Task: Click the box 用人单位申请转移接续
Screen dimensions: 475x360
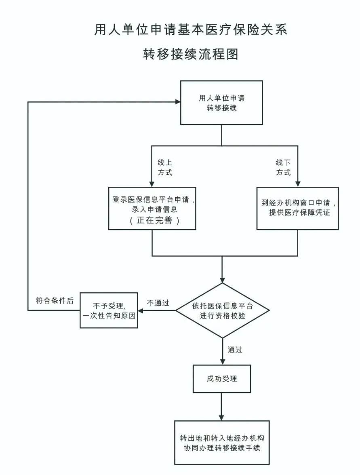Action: (x=221, y=103)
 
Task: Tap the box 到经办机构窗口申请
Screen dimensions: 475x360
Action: (x=297, y=208)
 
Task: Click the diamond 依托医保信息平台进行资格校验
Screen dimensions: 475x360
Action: (x=222, y=310)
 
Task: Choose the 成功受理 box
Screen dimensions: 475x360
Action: (x=222, y=379)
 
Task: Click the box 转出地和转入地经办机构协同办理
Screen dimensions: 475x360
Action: (x=222, y=442)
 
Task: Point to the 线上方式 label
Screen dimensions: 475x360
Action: (x=165, y=167)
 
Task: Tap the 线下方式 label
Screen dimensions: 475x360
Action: (x=283, y=167)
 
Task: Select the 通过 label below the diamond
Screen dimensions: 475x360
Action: (x=235, y=350)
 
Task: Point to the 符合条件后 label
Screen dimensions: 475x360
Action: (x=55, y=301)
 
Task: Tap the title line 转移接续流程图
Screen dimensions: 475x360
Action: (x=191, y=54)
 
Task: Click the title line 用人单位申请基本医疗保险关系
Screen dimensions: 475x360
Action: (x=191, y=30)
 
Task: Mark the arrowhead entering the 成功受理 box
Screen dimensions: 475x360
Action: (x=222, y=361)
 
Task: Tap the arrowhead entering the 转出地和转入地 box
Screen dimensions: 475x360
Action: (x=222, y=417)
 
